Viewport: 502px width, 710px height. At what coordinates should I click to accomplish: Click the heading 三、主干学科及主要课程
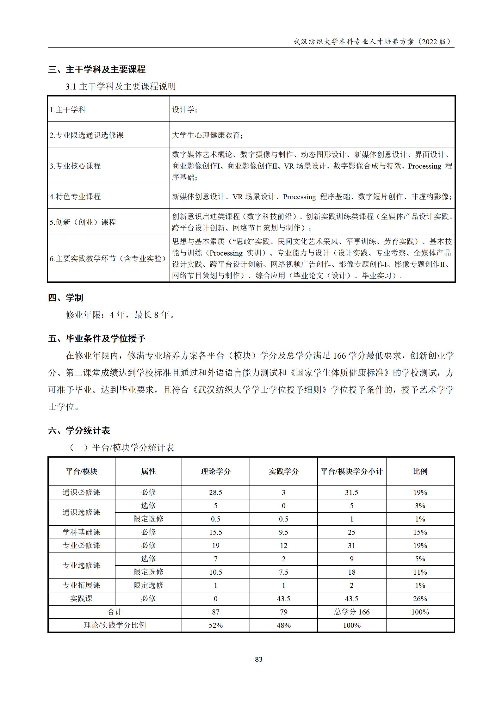(97, 69)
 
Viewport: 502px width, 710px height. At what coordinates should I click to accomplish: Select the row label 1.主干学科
(68, 110)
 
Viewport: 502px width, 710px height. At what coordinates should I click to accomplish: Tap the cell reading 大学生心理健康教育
(208, 135)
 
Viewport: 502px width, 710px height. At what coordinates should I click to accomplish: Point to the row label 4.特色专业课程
(75, 196)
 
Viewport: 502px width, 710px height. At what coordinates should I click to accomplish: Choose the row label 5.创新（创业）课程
(83, 222)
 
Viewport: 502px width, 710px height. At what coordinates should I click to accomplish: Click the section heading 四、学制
(65, 298)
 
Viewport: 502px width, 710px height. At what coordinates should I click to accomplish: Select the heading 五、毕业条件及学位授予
(97, 338)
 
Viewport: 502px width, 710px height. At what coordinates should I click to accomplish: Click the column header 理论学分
(216, 472)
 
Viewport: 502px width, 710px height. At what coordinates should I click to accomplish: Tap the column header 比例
(420, 472)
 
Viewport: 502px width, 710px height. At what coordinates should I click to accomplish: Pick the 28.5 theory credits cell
(216, 492)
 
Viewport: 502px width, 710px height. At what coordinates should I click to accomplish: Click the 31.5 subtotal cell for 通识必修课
(351, 492)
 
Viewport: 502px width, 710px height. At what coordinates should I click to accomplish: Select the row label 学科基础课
(81, 532)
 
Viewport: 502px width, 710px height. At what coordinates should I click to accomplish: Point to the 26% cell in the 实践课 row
(420, 599)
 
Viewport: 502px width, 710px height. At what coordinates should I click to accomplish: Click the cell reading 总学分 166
(351, 612)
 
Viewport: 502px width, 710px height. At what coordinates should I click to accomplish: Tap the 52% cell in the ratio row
(216, 625)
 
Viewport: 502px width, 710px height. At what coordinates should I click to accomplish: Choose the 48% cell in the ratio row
(283, 625)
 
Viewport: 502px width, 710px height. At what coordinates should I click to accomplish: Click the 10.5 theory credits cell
(216, 572)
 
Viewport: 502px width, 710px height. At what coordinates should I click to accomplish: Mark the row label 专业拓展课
(81, 585)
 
